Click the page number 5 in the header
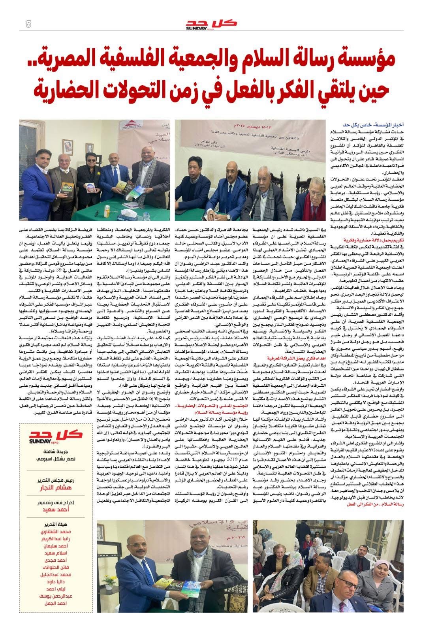pyautogui.click(x=28, y=24)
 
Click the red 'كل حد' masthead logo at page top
pyautogui.click(x=211, y=24)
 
